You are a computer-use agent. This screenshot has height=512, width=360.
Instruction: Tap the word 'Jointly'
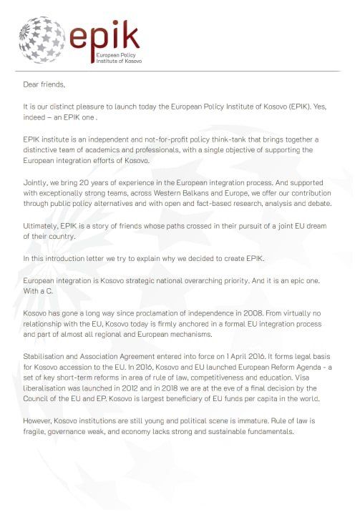tap(36, 184)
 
